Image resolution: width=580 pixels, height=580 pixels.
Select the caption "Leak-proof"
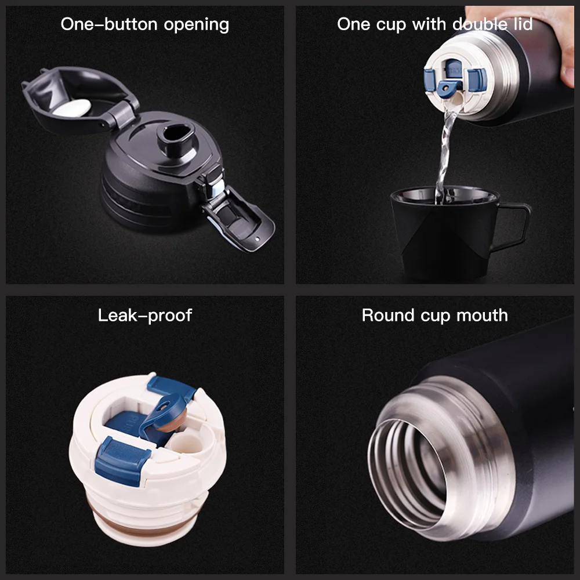(x=144, y=315)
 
